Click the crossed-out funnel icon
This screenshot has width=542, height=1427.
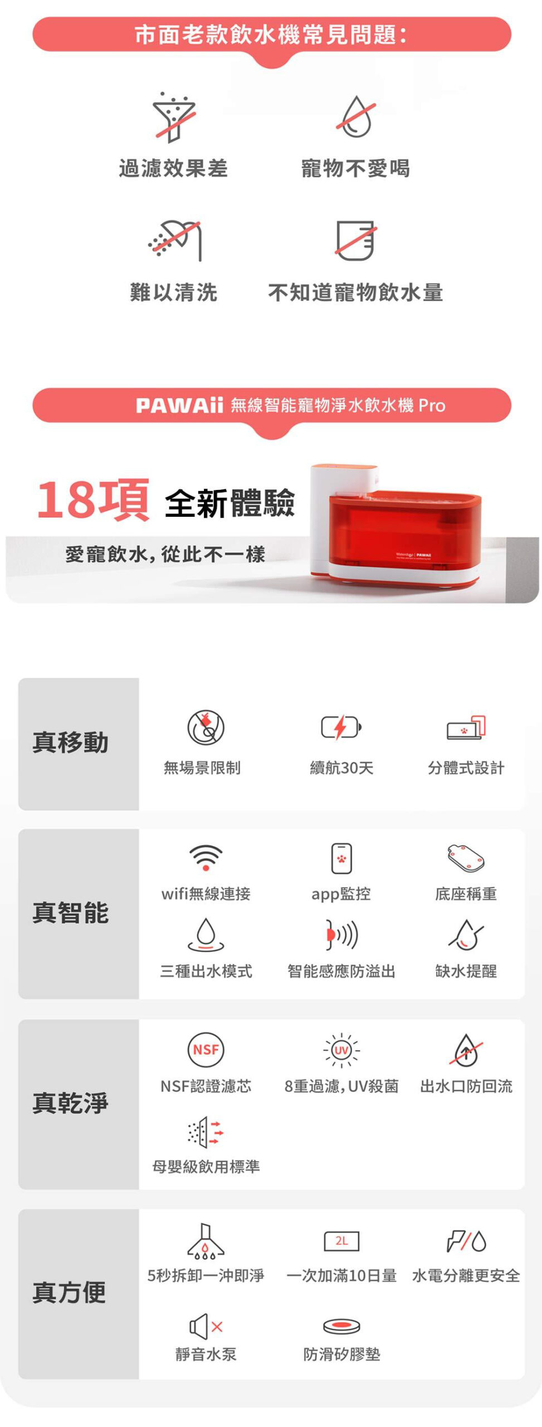click(174, 118)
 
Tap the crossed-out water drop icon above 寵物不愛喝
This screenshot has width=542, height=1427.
click(356, 117)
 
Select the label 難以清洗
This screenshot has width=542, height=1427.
click(173, 292)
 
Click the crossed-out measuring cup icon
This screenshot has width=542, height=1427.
click(356, 240)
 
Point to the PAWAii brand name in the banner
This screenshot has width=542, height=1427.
click(179, 405)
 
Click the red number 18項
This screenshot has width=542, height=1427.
click(92, 499)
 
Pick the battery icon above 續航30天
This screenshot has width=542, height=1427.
click(341, 727)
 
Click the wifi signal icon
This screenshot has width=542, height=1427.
click(206, 857)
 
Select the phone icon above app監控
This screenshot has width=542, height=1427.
click(341, 858)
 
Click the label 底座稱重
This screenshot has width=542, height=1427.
click(466, 894)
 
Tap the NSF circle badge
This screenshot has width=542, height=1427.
click(206, 1050)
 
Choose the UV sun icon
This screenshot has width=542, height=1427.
click(341, 1050)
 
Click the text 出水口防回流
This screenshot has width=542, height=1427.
click(466, 1086)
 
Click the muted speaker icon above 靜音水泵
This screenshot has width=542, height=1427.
click(206, 1326)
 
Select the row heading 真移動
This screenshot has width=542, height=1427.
click(70, 742)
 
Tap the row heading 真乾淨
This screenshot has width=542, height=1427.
click(70, 1103)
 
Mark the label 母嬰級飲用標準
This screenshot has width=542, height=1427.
click(206, 1166)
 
